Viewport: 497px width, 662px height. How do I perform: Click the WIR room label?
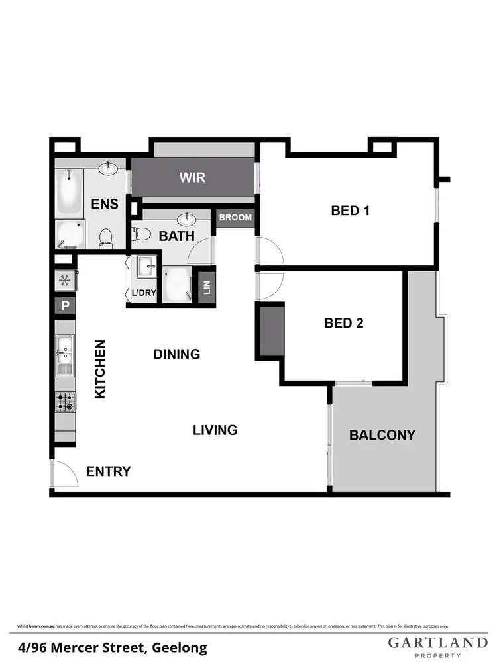point(192,177)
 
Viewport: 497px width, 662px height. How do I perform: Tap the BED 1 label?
point(350,211)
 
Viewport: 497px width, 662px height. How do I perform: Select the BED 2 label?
point(344,323)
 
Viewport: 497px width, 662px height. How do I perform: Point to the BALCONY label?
point(382,435)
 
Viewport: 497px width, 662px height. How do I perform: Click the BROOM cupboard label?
point(235,218)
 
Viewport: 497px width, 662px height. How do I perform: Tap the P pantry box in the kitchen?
point(65,306)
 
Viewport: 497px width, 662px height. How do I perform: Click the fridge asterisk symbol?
point(65,280)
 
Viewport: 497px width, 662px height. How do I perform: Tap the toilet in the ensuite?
point(105,236)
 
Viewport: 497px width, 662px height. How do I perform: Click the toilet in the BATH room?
point(140,233)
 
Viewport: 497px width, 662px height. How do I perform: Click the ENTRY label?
point(109,472)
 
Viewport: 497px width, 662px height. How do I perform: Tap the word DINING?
point(176,354)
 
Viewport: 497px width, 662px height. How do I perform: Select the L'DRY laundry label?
point(143,293)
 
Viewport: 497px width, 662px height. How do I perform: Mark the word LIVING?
point(215,430)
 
